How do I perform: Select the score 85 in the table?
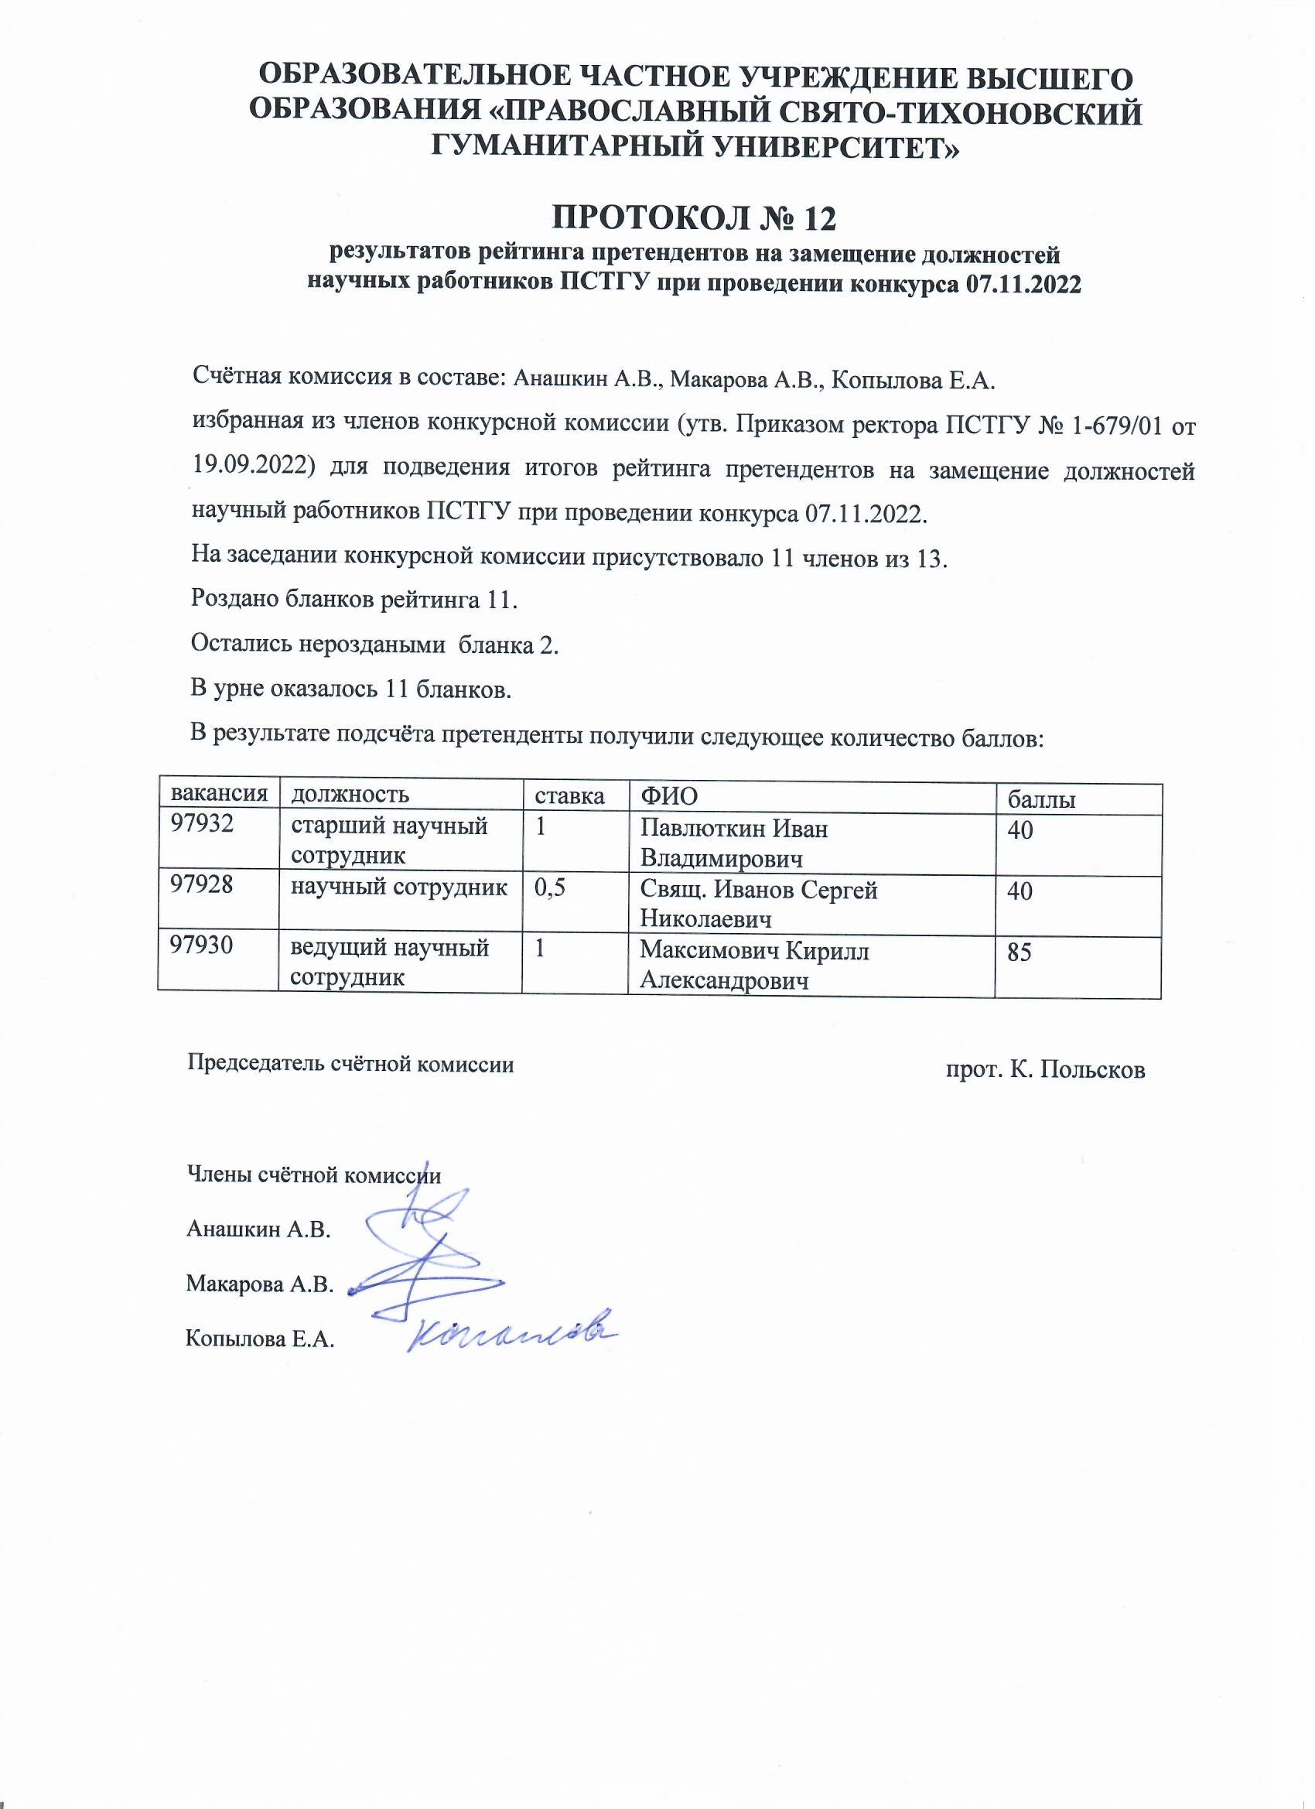point(1021,952)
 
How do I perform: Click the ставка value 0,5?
point(550,887)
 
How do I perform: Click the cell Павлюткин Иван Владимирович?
point(734,843)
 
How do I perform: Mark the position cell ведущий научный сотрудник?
point(389,963)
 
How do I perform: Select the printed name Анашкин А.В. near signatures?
point(258,1229)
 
